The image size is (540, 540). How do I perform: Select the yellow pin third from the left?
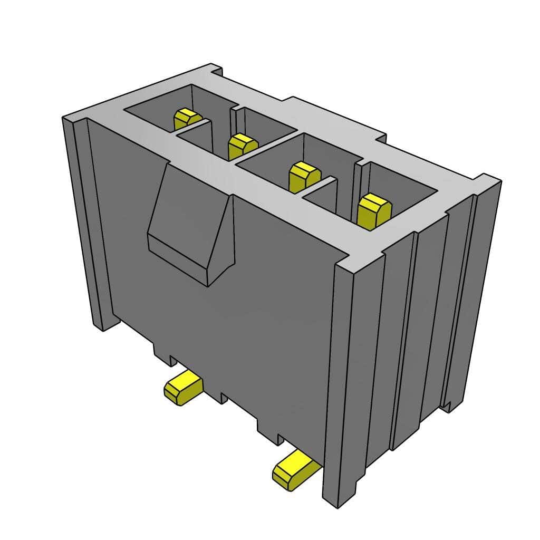(x=304, y=176)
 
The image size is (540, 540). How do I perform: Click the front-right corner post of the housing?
(x=343, y=369)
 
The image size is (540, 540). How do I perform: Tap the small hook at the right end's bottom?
(x=448, y=406)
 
